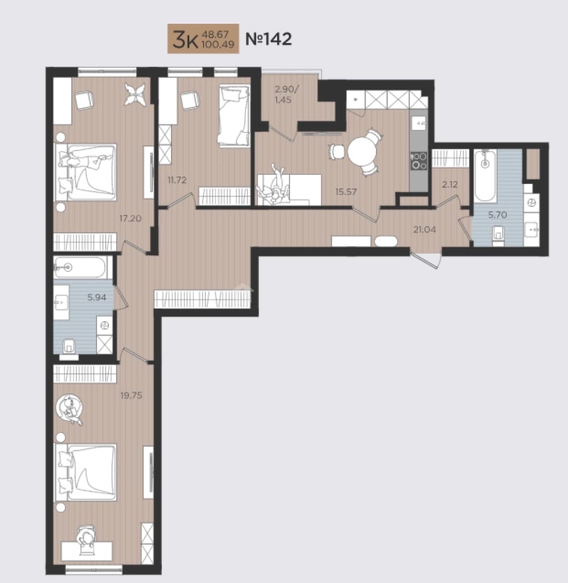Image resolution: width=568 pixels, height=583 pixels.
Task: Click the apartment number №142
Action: [269, 39]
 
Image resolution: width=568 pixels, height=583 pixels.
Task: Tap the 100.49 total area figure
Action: [217, 45]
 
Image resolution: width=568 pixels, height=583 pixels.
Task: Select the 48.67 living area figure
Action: [215, 35]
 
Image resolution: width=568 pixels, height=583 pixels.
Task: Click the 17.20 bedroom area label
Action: [130, 218]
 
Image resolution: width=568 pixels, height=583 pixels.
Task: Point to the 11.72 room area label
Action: [177, 180]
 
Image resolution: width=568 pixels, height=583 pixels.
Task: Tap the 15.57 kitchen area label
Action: [346, 192]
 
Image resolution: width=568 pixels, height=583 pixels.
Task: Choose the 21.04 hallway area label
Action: [425, 230]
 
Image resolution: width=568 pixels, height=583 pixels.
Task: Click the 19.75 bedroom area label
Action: [131, 396]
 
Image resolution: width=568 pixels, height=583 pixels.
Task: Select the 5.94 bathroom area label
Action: [97, 297]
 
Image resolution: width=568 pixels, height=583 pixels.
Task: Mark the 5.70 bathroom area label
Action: [497, 215]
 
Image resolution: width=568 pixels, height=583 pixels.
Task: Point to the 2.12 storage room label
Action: [450, 185]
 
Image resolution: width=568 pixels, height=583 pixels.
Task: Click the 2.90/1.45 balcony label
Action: [286, 94]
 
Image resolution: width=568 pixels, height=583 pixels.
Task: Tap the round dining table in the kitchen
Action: [362, 152]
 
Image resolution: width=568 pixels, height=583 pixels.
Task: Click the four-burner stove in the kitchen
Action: [419, 161]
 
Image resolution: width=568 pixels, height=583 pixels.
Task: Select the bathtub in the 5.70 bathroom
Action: [485, 176]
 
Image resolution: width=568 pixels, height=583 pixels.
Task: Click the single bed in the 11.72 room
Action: [234, 116]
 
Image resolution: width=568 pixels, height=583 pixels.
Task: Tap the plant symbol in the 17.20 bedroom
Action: [134, 94]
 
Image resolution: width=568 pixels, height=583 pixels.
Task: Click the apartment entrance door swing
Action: [426, 260]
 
